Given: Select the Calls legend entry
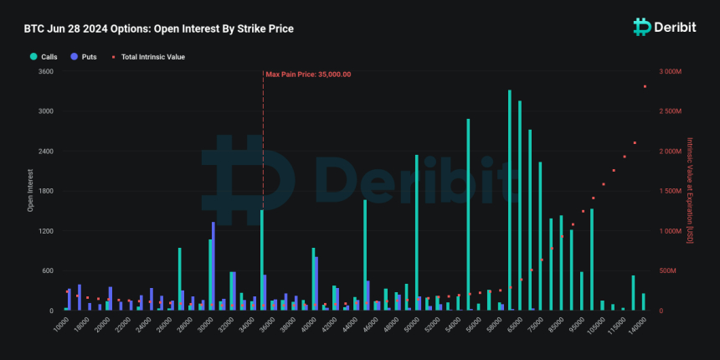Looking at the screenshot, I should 44,57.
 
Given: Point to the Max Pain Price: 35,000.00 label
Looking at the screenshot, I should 308,75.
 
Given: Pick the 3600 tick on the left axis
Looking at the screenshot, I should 45,72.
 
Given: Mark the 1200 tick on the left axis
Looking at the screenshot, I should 45,231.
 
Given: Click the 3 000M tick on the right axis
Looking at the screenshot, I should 672,72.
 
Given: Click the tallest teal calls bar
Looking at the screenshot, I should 509,200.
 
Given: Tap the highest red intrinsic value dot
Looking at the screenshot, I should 645,86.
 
